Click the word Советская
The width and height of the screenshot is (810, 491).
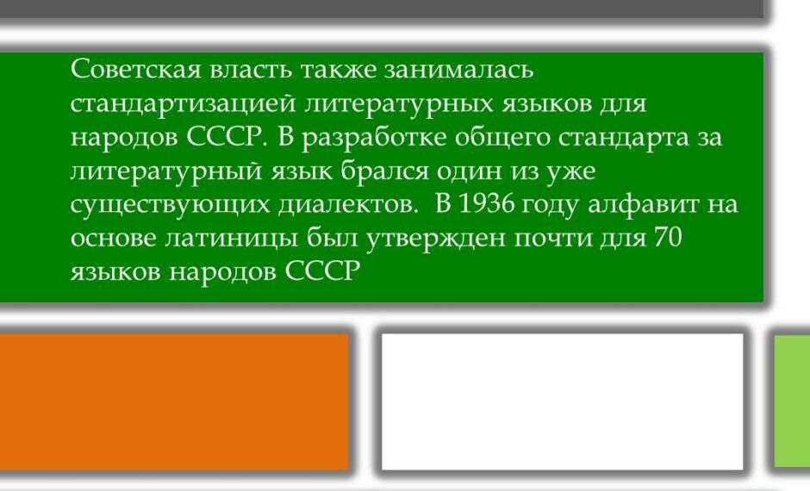point(135,69)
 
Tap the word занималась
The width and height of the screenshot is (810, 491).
point(458,69)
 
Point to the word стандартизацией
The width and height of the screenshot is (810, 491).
point(183,103)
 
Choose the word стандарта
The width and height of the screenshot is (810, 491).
point(624,138)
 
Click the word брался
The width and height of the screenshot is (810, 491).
point(384,171)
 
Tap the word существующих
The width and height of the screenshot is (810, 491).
point(170,205)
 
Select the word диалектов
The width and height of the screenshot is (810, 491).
point(347,205)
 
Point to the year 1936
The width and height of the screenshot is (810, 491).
point(486,204)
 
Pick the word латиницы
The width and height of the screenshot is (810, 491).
point(231,239)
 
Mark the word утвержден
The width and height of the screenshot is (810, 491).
point(435,239)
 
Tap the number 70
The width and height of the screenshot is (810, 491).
point(669,238)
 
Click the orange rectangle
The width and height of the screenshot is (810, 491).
point(174,401)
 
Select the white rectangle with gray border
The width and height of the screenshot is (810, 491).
point(562,401)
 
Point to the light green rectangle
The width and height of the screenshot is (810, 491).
point(792,401)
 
